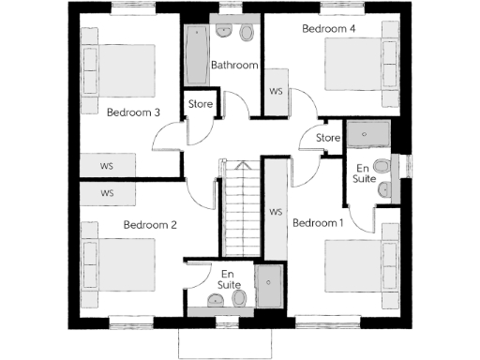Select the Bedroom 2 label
(x=150, y=225)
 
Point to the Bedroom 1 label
(x=318, y=223)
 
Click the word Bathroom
(x=233, y=66)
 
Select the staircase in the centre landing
(x=241, y=206)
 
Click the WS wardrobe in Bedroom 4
(x=277, y=92)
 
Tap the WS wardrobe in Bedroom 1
(x=276, y=212)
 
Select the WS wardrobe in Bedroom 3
(x=107, y=165)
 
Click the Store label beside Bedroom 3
(x=201, y=103)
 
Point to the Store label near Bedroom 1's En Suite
(x=327, y=139)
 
